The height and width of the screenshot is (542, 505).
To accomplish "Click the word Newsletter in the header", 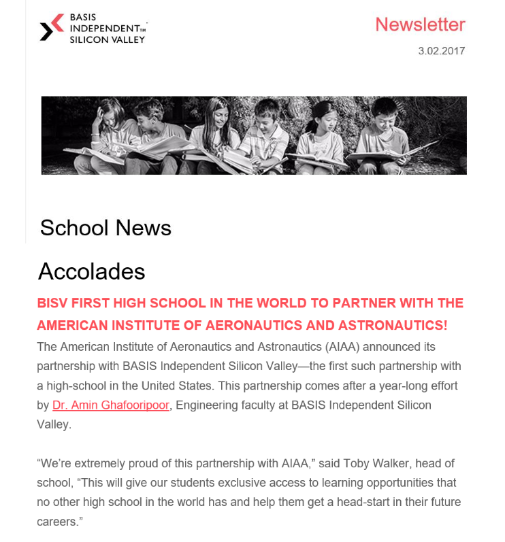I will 420,24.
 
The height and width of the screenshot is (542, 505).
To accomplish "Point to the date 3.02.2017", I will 442,51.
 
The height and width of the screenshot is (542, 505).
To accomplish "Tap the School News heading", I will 105,228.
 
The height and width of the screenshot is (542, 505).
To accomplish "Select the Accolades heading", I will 91,271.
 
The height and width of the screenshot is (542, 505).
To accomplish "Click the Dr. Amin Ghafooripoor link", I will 110,405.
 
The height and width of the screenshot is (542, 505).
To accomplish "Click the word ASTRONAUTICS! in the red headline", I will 397,326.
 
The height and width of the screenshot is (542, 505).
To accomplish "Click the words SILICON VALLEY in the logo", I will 108,39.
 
